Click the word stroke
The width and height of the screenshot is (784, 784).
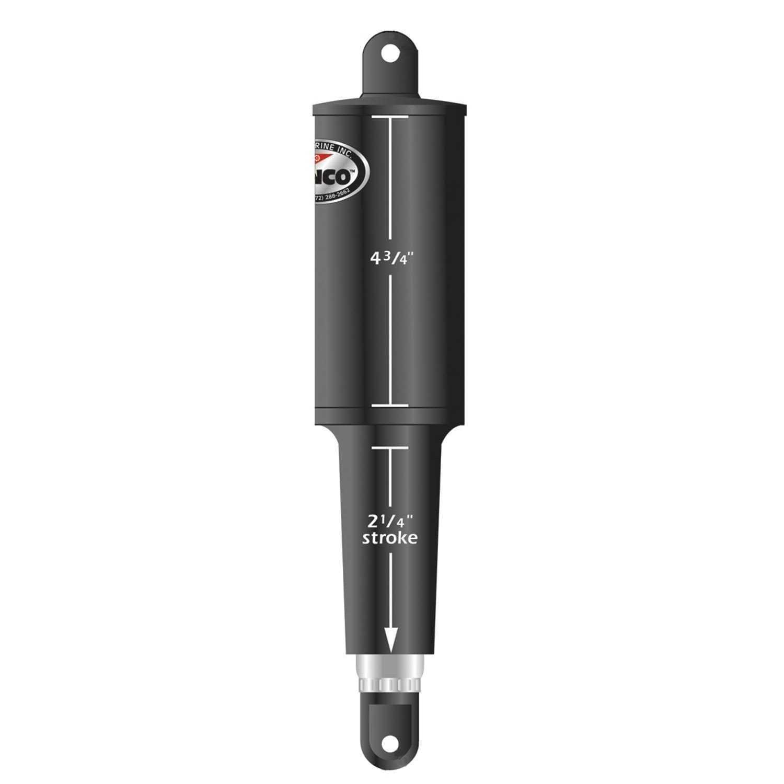tap(390, 538)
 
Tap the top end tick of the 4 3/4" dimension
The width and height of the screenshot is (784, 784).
tap(389, 118)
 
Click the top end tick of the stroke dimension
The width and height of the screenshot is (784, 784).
tap(389, 447)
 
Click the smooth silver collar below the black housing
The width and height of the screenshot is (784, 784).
tap(389, 666)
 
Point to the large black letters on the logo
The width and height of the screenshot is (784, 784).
tap(335, 177)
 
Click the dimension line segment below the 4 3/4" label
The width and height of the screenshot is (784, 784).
tap(389, 340)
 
